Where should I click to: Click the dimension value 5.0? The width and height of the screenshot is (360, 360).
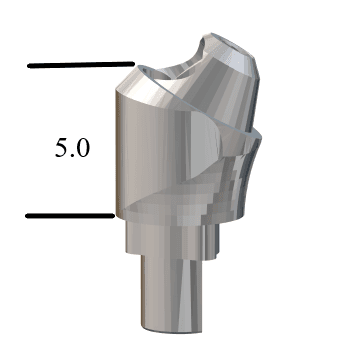tap(72, 148)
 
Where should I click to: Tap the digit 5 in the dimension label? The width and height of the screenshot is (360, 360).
tap(61, 148)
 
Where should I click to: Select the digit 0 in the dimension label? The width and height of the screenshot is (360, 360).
tap(83, 148)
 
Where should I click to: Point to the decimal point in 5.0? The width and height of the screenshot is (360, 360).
tap(72, 155)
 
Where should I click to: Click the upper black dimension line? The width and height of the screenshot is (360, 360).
tap(81, 65)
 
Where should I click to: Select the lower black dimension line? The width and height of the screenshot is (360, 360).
tap(70, 216)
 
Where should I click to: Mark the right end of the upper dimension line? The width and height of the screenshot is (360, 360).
tap(134, 64)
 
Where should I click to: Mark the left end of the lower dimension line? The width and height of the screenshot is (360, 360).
tap(26, 216)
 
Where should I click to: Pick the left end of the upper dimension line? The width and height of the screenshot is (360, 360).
tap(28, 66)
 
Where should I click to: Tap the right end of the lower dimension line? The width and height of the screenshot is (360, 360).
tap(114, 216)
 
